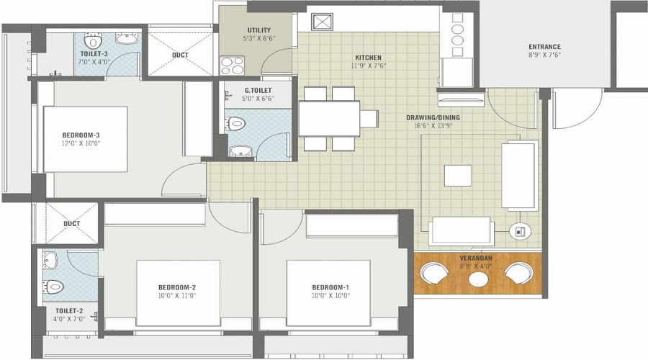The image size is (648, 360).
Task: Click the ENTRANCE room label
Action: click(544, 47)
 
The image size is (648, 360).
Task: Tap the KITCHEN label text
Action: click(368, 58)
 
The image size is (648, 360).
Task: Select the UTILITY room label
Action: click(259, 30)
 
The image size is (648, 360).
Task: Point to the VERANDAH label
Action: click(476, 258)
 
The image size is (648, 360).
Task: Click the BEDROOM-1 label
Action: click(330, 287)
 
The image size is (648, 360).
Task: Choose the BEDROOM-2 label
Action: click(177, 287)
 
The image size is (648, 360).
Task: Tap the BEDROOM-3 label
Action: click(81, 135)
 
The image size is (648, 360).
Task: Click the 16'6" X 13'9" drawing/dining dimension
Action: click(433, 126)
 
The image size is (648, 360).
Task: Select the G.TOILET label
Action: click(258, 90)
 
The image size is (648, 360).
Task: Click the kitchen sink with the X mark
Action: click(322, 22)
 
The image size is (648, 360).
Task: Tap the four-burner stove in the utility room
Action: click(232, 66)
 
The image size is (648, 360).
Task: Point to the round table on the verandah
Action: click(478, 279)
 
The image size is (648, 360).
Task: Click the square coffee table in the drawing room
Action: click(457, 175)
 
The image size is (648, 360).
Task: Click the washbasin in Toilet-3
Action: click(127, 39)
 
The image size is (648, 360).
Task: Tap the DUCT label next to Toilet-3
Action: click(180, 55)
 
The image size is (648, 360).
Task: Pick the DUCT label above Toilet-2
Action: click(71, 224)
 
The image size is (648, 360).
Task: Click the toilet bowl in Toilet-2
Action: click(55, 287)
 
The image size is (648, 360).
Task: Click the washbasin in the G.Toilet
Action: click(240, 151)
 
